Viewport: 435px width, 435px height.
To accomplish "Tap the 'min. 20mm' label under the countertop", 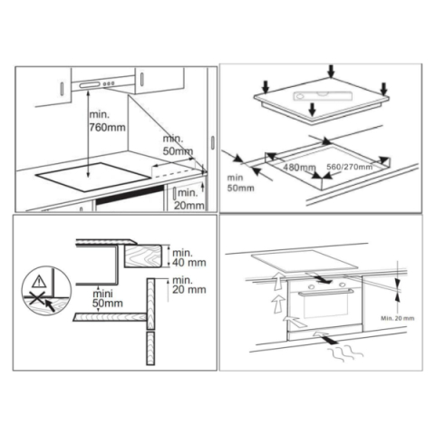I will (x=188, y=197).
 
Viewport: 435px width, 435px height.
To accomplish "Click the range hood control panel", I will (x=102, y=85).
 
